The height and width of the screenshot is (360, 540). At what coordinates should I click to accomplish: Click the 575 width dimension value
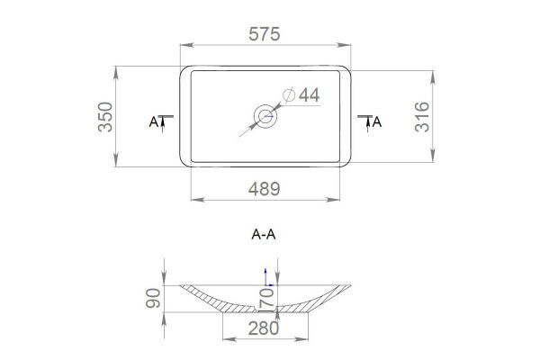pos(264,34)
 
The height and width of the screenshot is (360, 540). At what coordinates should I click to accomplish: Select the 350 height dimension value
pos(105,117)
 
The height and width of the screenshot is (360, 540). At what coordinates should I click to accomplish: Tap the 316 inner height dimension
pos(422,117)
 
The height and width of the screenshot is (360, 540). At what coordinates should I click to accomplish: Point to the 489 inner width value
pos(264,189)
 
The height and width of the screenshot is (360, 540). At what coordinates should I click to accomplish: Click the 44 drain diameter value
pos(309,94)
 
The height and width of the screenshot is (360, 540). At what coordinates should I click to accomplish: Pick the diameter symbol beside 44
pos(289,94)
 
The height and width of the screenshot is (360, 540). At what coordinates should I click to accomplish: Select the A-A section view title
pos(264,234)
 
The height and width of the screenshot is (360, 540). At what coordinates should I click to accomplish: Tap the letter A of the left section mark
pos(153,121)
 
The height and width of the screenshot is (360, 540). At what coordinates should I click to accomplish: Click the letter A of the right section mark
pos(377,121)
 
